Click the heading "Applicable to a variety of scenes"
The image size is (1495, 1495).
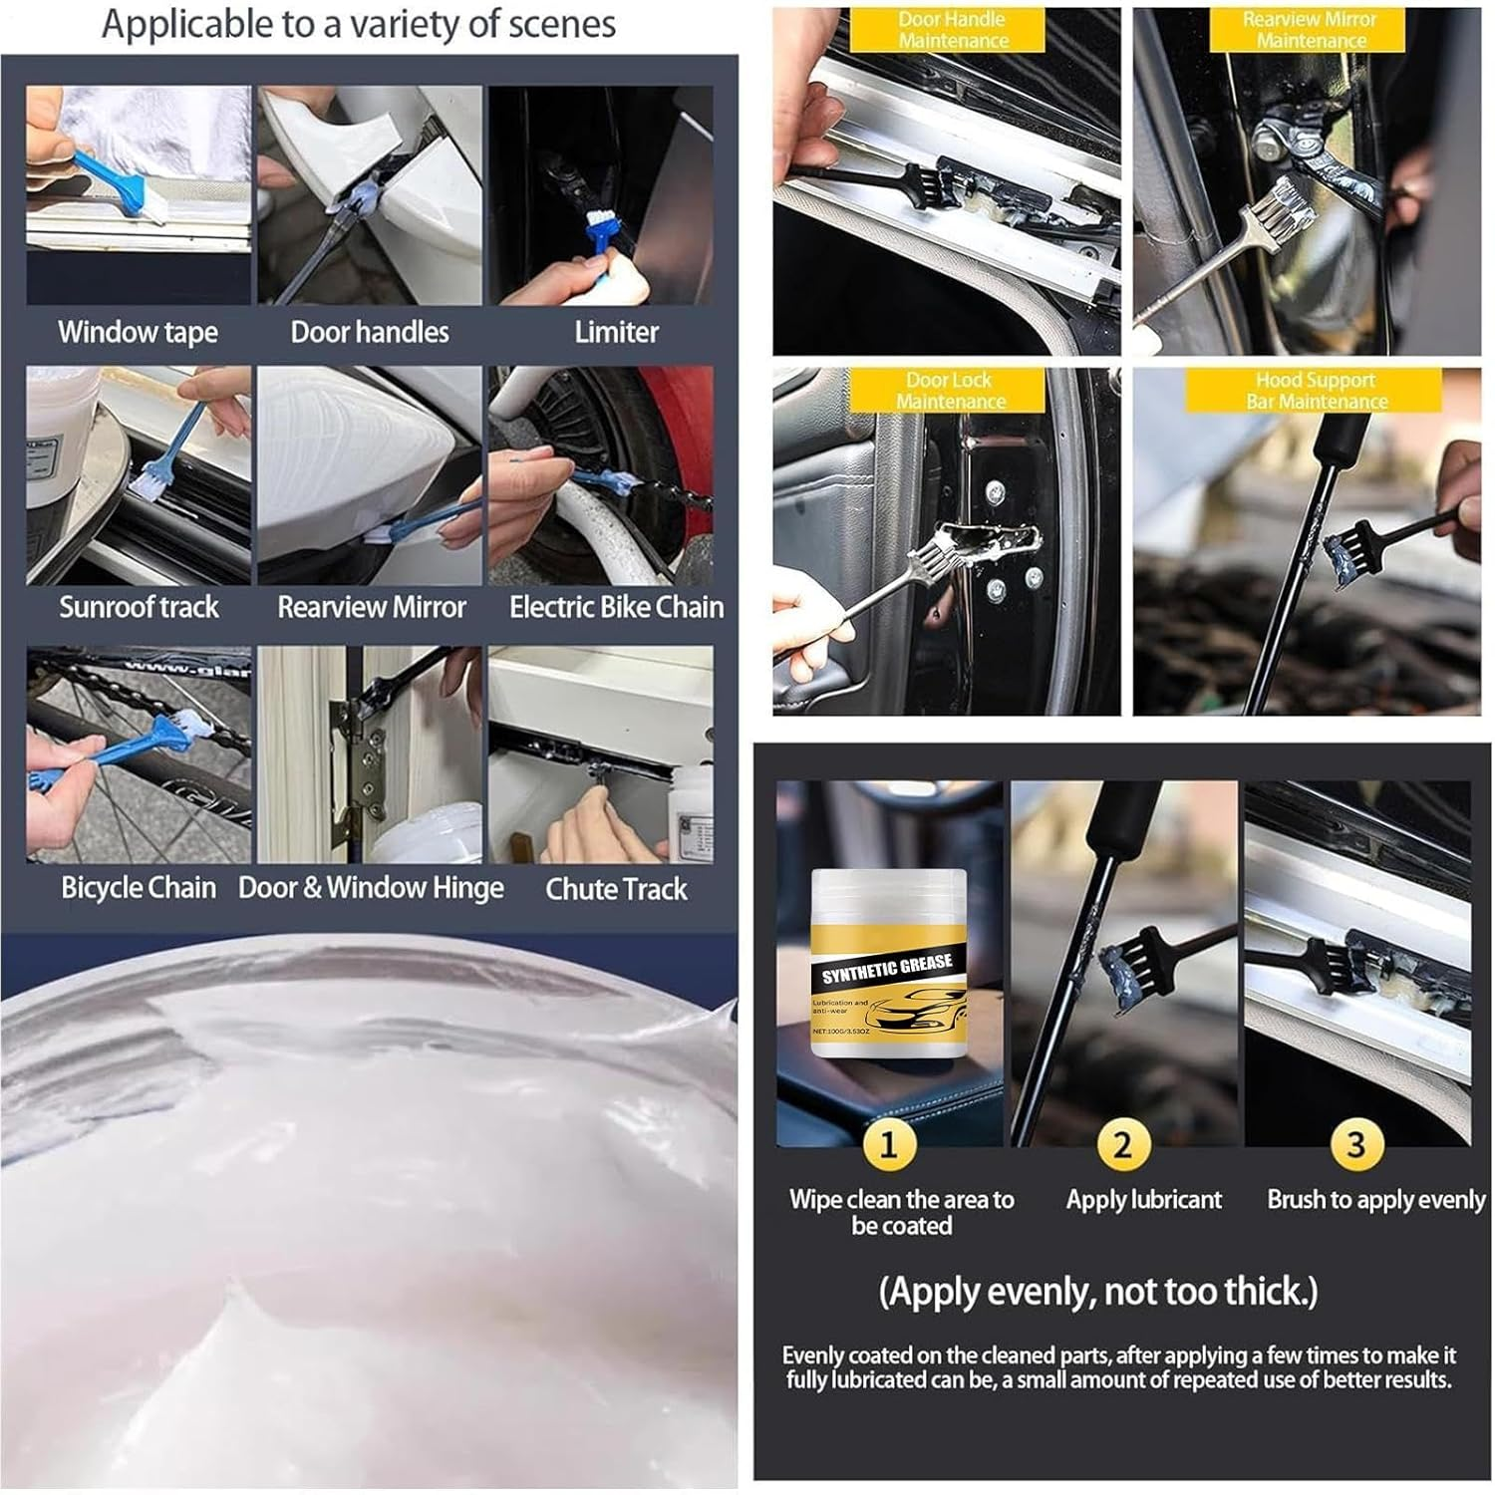359,25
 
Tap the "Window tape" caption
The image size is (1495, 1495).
138,332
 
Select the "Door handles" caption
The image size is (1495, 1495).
370,332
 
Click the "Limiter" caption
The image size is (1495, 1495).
616,332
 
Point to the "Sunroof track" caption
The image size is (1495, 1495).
139,607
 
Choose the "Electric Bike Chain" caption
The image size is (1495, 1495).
616,607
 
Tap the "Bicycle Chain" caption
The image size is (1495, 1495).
139,888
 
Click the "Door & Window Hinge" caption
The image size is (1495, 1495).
371,888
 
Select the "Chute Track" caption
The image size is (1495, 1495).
616,889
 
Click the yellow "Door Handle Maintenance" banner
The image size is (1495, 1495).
952,30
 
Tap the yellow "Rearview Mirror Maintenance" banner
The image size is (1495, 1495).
1310,30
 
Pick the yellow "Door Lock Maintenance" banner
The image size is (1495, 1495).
949,391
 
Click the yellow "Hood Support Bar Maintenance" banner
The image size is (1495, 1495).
1316,391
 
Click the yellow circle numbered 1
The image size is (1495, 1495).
888,1144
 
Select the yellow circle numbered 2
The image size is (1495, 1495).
1122,1144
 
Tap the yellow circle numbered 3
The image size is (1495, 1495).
1355,1144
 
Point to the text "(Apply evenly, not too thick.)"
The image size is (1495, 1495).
1098,1292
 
